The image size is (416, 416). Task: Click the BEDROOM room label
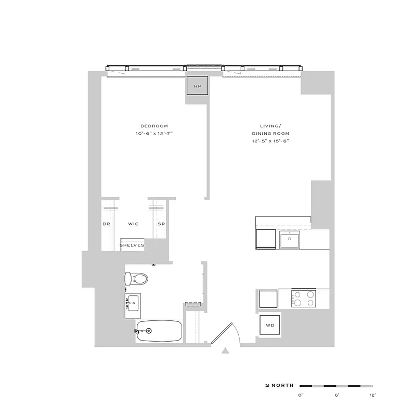click(154, 126)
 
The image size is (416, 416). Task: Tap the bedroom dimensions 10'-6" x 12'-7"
click(154, 134)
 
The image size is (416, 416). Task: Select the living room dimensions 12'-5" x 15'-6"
click(270, 141)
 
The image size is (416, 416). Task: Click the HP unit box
click(198, 86)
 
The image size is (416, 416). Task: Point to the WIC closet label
click(134, 224)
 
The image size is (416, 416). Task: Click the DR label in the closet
click(106, 224)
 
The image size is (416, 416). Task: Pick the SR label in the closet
click(161, 224)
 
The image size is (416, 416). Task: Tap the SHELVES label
click(132, 245)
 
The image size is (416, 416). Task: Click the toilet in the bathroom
click(137, 279)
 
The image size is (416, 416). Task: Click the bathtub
click(159, 330)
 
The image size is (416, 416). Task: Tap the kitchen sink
click(289, 240)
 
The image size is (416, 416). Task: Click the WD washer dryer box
click(270, 326)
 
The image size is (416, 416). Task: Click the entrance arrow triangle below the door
click(225, 351)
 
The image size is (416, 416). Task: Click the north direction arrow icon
click(267, 385)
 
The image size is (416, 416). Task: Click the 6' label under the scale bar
click(336, 396)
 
